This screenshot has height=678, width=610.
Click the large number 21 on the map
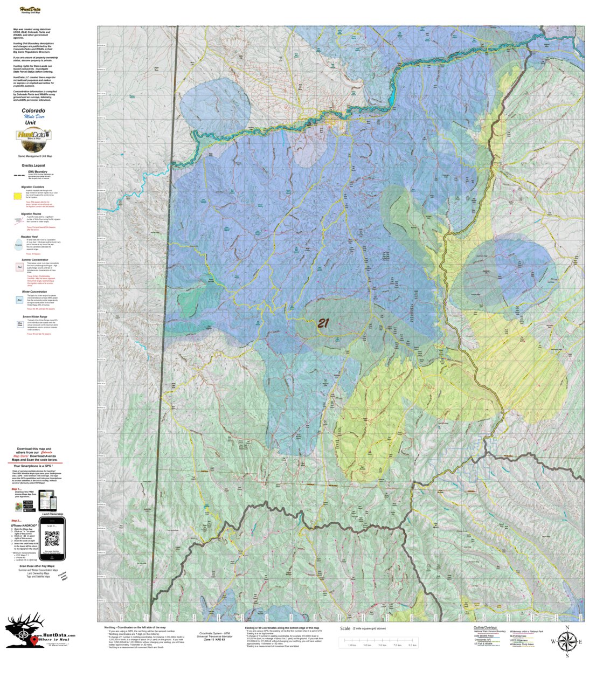click(x=323, y=323)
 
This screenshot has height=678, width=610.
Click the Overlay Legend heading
click(x=33, y=165)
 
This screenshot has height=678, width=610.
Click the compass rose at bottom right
click(x=566, y=641)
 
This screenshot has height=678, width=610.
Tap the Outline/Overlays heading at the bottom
click(x=485, y=628)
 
